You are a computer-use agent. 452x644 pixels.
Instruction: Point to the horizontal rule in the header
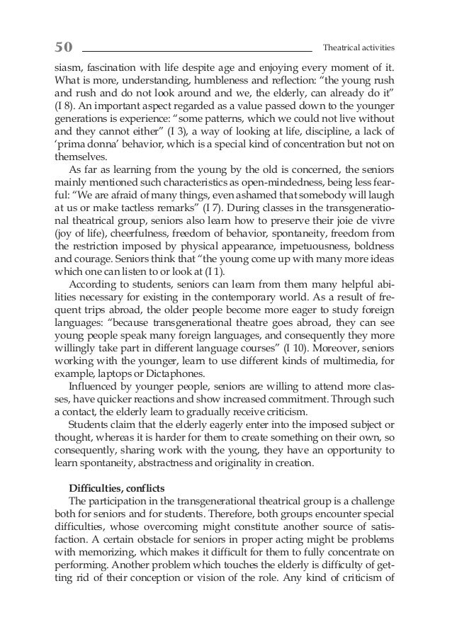click(x=197, y=51)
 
